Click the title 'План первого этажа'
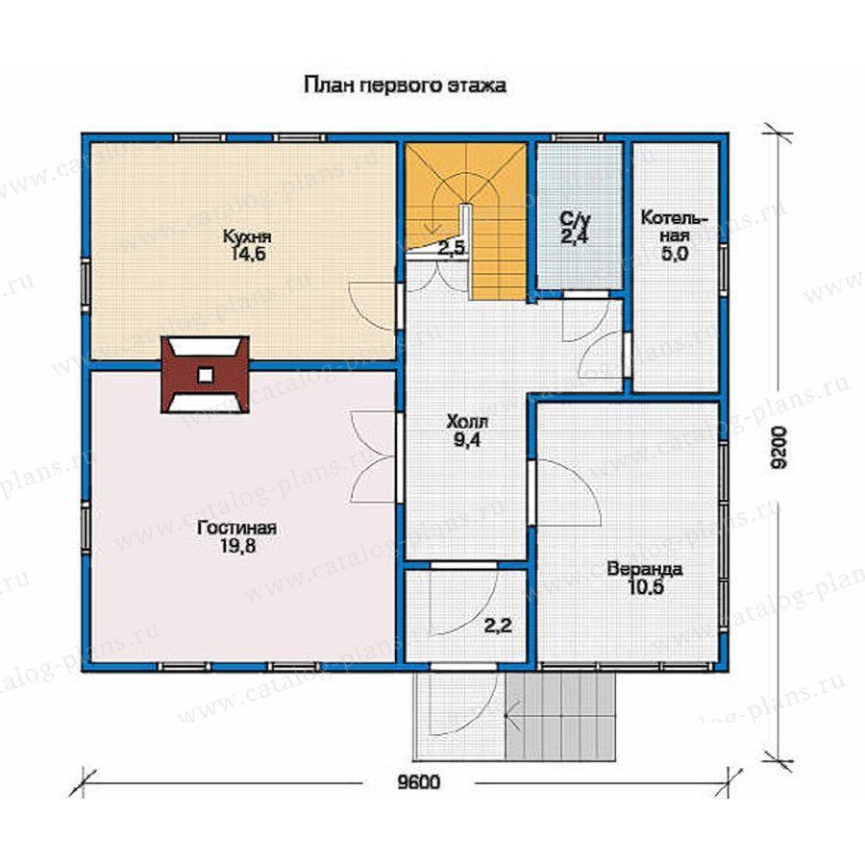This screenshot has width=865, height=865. [x=405, y=86]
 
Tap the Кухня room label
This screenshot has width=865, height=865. [x=247, y=236]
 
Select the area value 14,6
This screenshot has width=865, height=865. [x=248, y=255]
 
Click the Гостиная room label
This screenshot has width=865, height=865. [x=237, y=528]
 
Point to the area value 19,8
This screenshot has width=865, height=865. [x=237, y=546]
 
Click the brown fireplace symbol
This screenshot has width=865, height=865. [x=206, y=375]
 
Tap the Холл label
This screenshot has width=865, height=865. [x=467, y=423]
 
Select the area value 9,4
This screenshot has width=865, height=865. [x=467, y=440]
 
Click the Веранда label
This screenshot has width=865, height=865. [x=645, y=569]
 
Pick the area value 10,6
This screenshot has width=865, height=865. [x=645, y=587]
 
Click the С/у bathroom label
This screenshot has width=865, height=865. [x=576, y=219]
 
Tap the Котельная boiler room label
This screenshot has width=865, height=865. [x=674, y=227]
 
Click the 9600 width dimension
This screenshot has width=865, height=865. [x=419, y=782]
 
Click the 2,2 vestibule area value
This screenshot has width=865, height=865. [x=498, y=626]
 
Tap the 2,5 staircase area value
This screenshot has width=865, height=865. [x=452, y=248]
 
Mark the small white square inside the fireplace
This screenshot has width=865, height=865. [x=206, y=375]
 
